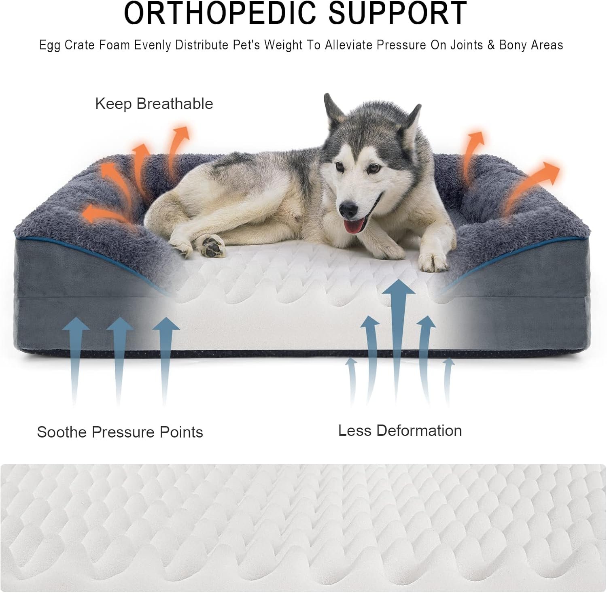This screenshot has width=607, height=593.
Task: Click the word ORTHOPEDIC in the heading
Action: tap(219, 13)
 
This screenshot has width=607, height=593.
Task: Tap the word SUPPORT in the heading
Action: tap(397, 13)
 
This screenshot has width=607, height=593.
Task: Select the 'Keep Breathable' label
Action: tap(154, 104)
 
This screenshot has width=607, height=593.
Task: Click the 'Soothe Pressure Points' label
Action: tap(120, 432)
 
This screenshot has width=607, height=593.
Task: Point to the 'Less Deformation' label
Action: tap(400, 430)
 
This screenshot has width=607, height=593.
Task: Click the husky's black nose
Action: tap(348, 209)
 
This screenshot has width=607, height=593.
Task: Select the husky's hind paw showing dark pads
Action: tap(212, 245)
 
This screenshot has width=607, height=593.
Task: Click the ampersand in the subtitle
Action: tap(491, 45)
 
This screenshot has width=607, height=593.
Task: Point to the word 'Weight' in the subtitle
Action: tap(283, 45)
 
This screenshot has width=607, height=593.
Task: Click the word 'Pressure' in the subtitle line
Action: tap(401, 45)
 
